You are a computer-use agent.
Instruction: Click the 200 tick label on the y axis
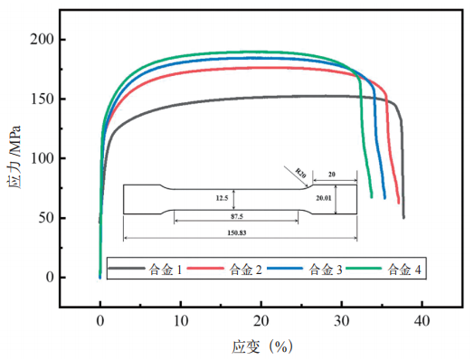42,40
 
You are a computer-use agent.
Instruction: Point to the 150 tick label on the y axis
43,99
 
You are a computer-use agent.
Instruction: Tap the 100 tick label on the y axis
43,158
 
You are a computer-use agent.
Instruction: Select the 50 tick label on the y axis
46,218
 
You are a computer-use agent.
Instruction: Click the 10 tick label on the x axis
181,321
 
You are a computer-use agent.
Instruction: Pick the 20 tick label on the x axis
261,321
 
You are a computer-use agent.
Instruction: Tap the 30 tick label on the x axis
342,321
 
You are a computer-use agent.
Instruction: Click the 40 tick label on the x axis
422,321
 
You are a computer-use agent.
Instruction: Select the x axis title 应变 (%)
262,346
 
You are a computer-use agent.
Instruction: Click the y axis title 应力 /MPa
14,157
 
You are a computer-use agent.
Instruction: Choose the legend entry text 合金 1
166,270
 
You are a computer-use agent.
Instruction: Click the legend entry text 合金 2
245,270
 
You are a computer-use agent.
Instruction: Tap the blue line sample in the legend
285,268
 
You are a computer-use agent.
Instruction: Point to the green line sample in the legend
364,268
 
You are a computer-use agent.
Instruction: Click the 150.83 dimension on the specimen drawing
237,232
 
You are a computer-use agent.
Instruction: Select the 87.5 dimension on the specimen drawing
237,216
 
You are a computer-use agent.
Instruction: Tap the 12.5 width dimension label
222,198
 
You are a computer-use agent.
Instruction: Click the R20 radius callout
301,173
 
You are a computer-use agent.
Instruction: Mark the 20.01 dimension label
324,198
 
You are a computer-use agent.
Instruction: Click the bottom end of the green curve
372,197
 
